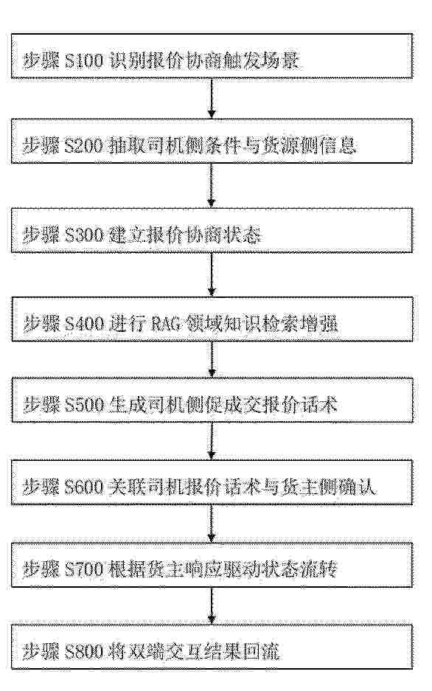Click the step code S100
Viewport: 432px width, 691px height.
(x=83, y=60)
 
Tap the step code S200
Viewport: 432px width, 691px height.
(x=83, y=146)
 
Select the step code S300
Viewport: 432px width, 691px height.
(x=83, y=235)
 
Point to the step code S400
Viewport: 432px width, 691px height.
(x=83, y=324)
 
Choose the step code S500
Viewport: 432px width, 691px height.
(x=83, y=405)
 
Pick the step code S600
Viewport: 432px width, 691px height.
(x=83, y=487)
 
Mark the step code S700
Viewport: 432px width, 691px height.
(x=83, y=569)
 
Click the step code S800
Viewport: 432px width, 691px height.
(x=83, y=651)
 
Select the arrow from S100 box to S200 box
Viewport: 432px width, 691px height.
(x=212, y=99)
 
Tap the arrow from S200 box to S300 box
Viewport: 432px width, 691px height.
(x=212, y=186)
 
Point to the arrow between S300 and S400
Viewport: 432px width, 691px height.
(x=212, y=274)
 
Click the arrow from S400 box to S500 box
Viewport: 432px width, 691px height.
(x=212, y=359)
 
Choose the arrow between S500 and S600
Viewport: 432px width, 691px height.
(x=212, y=441)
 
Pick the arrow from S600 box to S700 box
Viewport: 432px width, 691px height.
(x=212, y=524)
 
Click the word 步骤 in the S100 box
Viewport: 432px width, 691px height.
(x=41, y=60)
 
